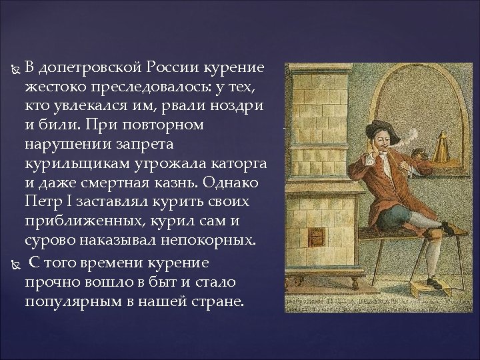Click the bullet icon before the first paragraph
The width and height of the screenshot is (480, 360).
pos(19,69)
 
